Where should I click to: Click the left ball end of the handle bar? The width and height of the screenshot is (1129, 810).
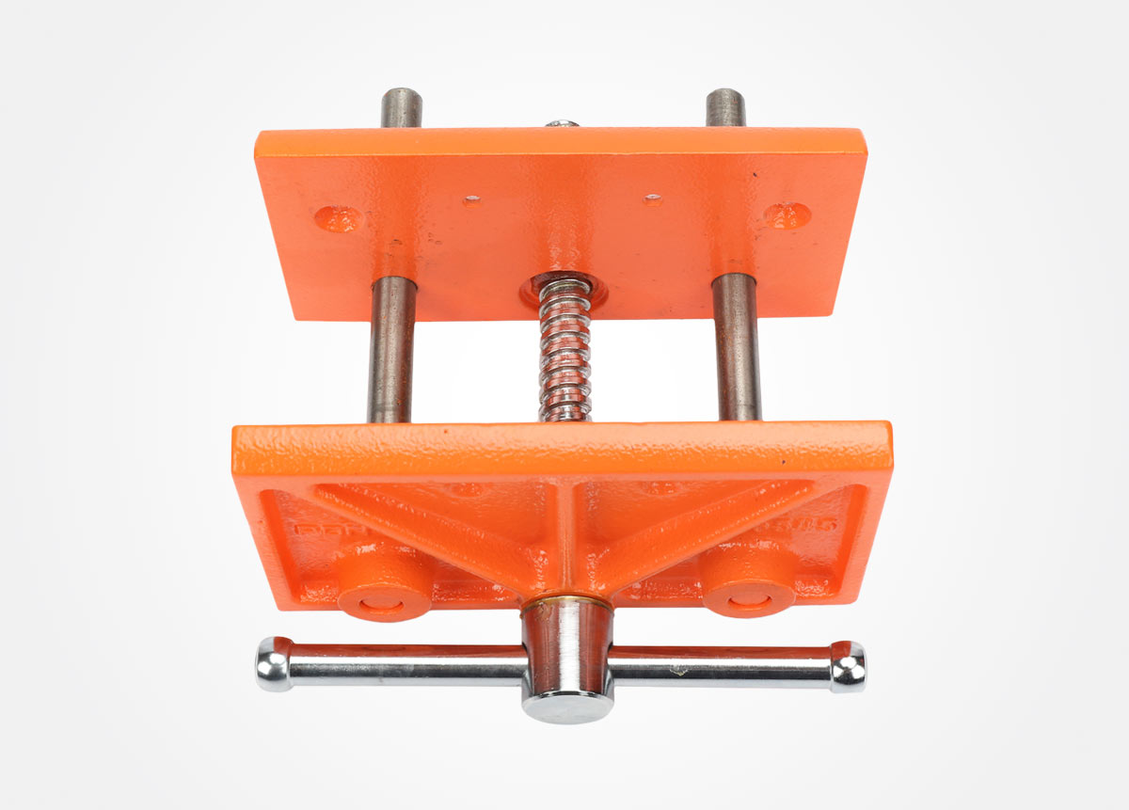pos(274,664)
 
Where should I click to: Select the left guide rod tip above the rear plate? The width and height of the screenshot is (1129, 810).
pos(401,107)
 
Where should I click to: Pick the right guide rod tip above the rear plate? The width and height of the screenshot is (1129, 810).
pos(725,106)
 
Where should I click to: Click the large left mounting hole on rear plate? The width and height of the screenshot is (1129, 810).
pos(339,217)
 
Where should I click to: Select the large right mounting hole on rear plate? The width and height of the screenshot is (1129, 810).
pos(788,214)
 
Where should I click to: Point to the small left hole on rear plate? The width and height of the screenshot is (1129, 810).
pos(472,199)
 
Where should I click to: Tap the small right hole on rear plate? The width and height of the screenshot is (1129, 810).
pos(652,199)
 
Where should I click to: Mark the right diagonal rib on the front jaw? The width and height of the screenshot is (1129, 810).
pos(701,532)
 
